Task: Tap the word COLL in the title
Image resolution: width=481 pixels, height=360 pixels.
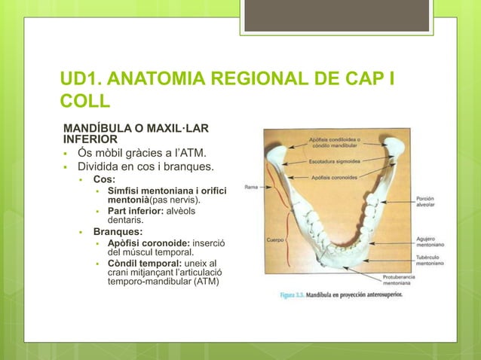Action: [85, 102]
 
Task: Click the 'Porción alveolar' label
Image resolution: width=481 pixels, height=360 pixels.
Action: [430, 202]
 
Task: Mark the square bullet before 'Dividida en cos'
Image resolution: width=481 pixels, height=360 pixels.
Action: [68, 167]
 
